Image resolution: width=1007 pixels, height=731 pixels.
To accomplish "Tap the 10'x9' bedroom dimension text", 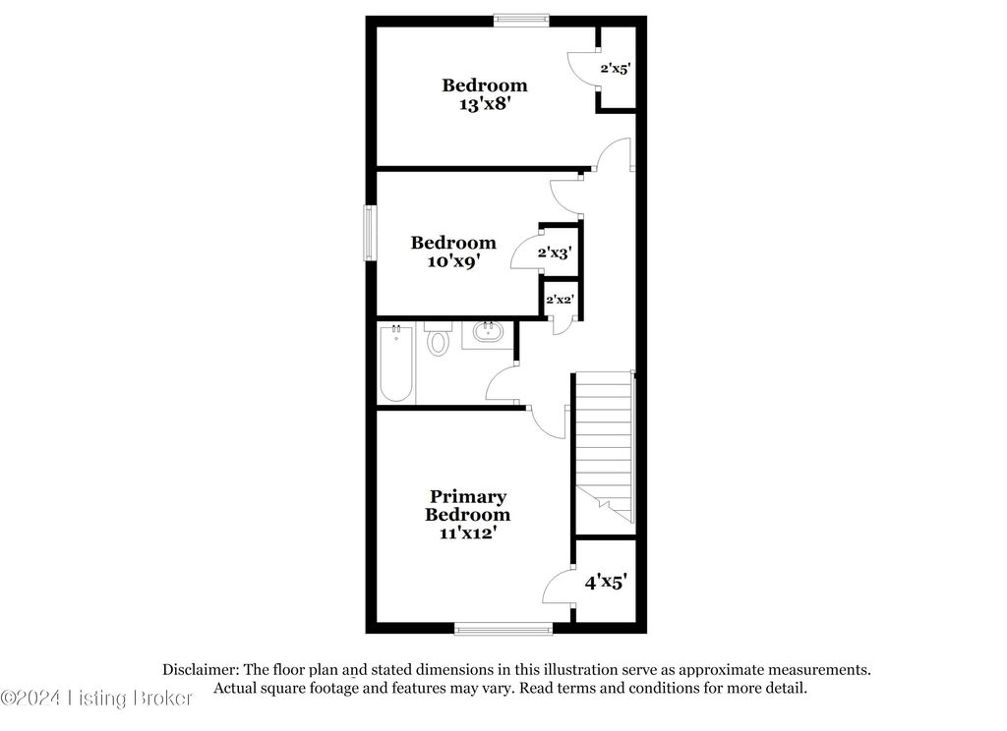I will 453,260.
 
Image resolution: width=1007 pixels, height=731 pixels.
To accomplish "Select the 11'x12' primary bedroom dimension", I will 467,533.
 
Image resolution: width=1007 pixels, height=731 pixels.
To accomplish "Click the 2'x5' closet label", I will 616,69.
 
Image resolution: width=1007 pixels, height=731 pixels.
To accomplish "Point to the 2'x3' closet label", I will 555,253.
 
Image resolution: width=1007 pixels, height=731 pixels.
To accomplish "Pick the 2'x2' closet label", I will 561,300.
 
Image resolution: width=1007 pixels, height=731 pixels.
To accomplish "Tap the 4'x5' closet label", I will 605,582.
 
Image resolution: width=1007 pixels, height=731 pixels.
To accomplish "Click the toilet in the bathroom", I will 438,341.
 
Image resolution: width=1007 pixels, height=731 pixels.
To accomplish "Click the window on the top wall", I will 521,17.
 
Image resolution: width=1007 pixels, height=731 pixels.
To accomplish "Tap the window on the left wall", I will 371,233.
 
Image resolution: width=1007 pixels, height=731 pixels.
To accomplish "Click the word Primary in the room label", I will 467,497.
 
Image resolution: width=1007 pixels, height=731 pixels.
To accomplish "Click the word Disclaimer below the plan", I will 203,669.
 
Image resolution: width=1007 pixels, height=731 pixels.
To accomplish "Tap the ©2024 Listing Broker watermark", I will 97,698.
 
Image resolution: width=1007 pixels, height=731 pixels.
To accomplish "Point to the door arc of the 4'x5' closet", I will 558,587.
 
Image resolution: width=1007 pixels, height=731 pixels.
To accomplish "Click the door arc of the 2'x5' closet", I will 584,69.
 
